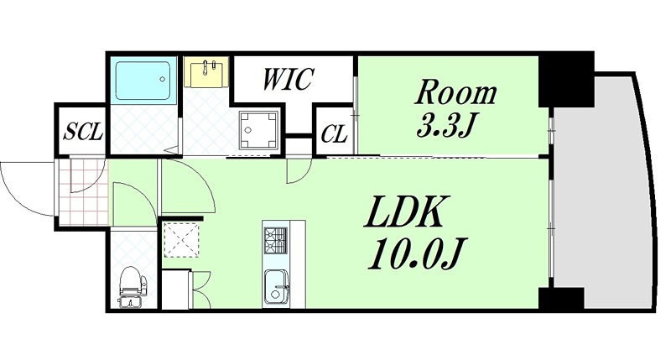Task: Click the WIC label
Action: point(288,79)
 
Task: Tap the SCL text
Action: point(83,132)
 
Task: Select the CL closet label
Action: point(334,134)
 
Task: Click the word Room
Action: point(456,92)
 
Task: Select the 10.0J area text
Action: point(414,253)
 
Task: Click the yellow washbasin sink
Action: point(206,72)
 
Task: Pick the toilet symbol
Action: point(133,287)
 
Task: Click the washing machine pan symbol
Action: point(258,129)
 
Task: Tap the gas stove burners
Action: point(275,241)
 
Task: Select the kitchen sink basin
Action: point(276,287)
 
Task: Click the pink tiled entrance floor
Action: point(81,192)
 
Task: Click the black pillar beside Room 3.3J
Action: point(565,79)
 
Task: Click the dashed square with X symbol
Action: point(181,239)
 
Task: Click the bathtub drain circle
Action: point(162,79)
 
